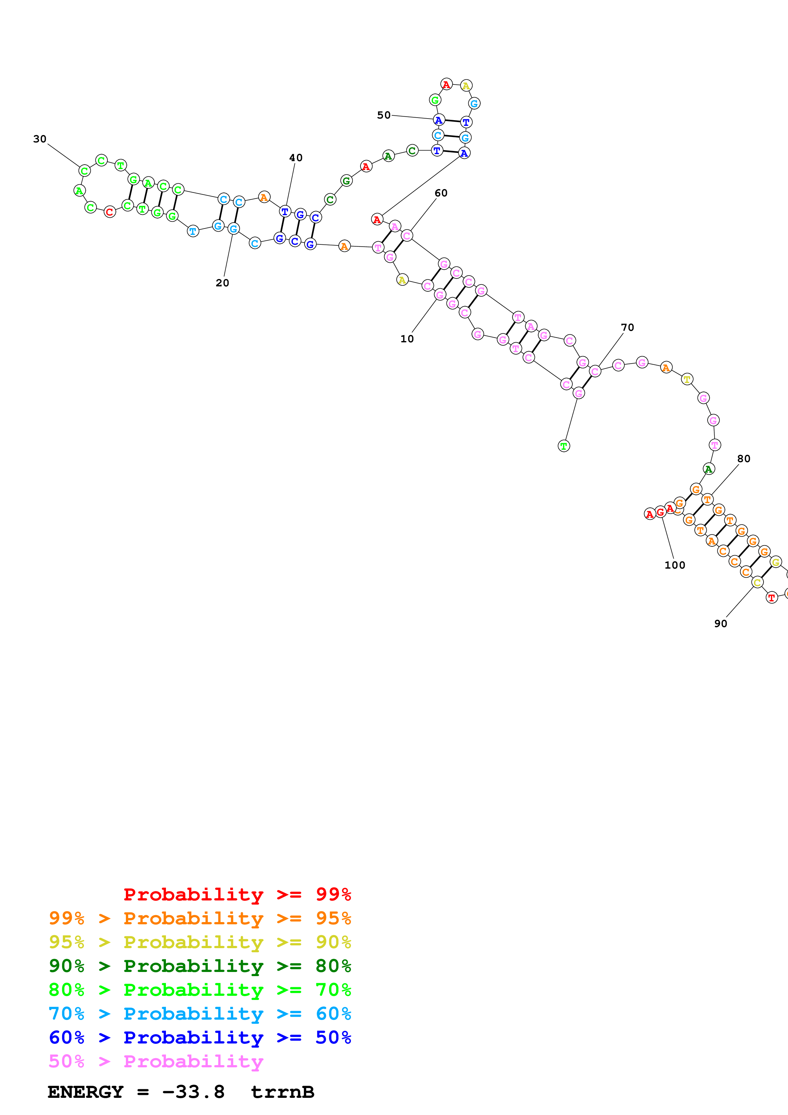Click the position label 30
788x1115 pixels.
tap(40, 139)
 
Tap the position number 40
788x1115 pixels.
tap(296, 158)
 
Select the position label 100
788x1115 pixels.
tap(675, 565)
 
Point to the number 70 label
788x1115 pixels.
tap(627, 328)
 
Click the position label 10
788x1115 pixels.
tap(407, 339)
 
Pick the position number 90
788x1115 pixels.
tap(721, 624)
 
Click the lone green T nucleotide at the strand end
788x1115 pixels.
tap(564, 446)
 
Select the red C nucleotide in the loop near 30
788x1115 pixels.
tap(110, 212)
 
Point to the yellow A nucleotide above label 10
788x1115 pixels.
tap(402, 280)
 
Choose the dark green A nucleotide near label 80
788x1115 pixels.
tap(709, 469)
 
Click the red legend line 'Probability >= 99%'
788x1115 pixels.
tap(237, 894)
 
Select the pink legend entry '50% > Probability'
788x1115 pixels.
tap(155, 1062)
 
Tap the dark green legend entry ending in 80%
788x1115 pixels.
tap(200, 966)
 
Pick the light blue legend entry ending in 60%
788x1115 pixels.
tap(200, 1014)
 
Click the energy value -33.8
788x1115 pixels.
tap(193, 1092)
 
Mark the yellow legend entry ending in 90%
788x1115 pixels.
tap(200, 942)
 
